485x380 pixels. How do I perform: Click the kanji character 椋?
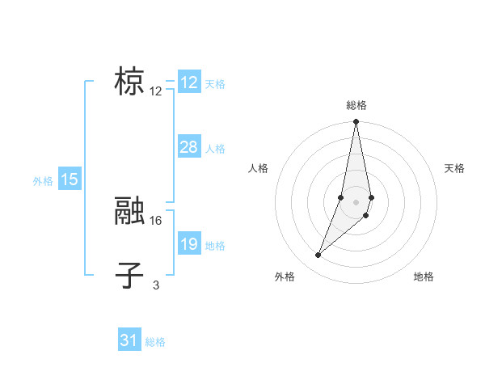click(130, 83)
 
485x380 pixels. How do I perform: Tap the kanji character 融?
click(130, 212)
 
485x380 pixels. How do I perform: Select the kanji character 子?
click(130, 276)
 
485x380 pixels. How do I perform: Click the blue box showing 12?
click(189, 82)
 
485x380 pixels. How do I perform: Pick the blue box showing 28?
click(189, 147)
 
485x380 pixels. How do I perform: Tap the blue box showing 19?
click(189, 244)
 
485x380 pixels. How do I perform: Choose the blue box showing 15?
click(70, 179)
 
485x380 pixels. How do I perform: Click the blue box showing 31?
click(129, 340)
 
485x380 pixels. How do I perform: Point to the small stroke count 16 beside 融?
click(157, 220)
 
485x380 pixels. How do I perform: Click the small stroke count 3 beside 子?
click(156, 285)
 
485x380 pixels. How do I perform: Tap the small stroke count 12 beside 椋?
click(156, 91)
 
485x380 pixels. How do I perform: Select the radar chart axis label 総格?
click(356, 105)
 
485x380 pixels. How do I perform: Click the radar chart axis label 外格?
click(285, 277)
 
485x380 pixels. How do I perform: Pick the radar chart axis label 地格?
click(424, 277)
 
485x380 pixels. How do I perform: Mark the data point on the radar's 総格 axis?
click(356, 122)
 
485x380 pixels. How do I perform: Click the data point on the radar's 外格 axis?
click(318, 255)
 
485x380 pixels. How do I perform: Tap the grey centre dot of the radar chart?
click(356, 202)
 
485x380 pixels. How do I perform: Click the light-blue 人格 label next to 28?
click(215, 149)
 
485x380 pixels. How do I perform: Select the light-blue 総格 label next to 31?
click(155, 342)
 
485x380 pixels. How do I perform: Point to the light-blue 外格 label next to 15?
click(43, 181)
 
